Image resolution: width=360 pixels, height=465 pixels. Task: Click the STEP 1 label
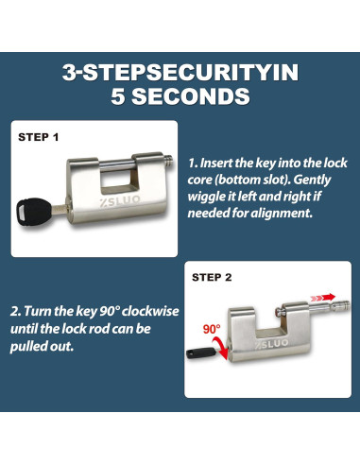pyautogui.click(x=39, y=137)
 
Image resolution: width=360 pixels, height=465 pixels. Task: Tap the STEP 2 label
pyautogui.click(x=212, y=277)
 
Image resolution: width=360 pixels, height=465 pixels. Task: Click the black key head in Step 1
pyautogui.click(x=34, y=211)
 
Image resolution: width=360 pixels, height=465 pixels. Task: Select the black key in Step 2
pyautogui.click(x=201, y=353)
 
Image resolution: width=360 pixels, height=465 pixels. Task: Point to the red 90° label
pyautogui.click(x=212, y=329)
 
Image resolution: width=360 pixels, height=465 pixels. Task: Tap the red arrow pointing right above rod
pyautogui.click(x=323, y=297)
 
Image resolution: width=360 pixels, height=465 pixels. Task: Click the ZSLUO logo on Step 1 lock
pyautogui.click(x=120, y=200)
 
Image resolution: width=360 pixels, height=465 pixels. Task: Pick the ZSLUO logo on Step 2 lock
pyautogui.click(x=271, y=344)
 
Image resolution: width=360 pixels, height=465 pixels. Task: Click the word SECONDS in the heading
pyautogui.click(x=191, y=96)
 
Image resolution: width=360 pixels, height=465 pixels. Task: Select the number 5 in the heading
pyautogui.click(x=118, y=96)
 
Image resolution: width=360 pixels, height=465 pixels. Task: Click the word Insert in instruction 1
pyautogui.click(x=216, y=164)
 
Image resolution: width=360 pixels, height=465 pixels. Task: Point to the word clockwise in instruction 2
pyautogui.click(x=150, y=312)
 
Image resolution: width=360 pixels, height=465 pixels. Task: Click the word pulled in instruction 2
pyautogui.click(x=26, y=346)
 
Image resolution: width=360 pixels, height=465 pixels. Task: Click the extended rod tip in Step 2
pyautogui.click(x=343, y=305)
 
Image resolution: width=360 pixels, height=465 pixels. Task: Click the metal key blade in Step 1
pyautogui.click(x=60, y=208)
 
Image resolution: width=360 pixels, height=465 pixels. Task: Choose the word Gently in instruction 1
pyautogui.click(x=312, y=181)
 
